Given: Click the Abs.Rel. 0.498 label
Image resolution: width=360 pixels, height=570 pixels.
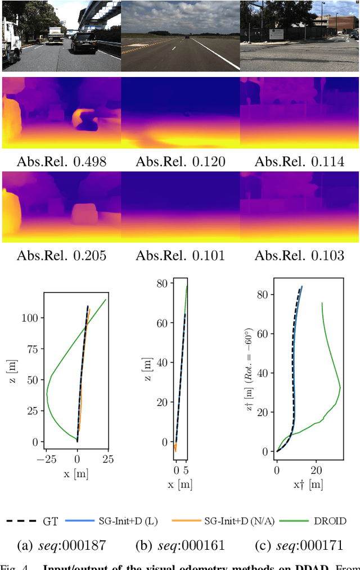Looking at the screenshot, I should click(61, 162).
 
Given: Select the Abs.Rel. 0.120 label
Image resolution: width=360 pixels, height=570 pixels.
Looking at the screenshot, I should click(180, 162).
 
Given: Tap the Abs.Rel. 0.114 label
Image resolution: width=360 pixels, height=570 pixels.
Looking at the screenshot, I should click(299, 162).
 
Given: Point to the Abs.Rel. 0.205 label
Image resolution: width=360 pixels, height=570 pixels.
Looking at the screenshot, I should click(61, 255).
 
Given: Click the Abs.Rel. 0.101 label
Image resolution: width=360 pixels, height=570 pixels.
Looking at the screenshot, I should click(180, 255).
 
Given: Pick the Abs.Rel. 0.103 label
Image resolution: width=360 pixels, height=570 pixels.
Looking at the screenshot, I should click(299, 255).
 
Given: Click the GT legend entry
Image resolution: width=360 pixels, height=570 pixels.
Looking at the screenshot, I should click(33, 521).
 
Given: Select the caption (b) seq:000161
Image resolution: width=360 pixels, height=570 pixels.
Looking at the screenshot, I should click(180, 545).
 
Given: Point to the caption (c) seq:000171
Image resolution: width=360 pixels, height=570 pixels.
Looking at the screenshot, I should click(299, 545).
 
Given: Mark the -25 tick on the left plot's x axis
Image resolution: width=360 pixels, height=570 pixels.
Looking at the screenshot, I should click(46, 459).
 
